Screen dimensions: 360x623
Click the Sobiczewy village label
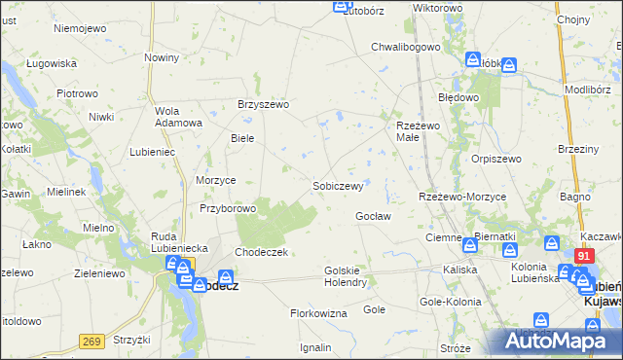click(x=338, y=186)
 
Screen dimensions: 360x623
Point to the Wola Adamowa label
click(x=178, y=117)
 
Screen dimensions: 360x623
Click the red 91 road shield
click(x=584, y=256)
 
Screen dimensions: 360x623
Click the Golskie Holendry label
click(x=345, y=276)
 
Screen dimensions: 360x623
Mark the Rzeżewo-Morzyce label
click(x=462, y=197)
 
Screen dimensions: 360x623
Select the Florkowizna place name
click(x=318, y=314)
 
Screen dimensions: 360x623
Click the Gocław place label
click(x=373, y=216)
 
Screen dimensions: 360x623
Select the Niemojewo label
click(x=80, y=28)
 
